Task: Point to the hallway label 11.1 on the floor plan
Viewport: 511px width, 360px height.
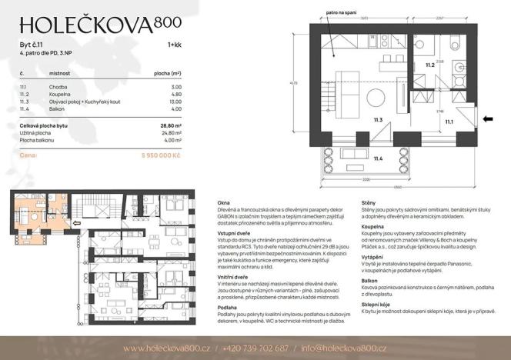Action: click(449, 121)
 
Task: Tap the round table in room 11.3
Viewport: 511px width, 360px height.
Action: click(377, 96)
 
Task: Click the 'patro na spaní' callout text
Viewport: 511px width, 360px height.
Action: click(342, 13)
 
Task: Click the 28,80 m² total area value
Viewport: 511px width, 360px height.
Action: click(170, 124)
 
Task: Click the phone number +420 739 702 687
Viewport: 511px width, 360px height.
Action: click(256, 348)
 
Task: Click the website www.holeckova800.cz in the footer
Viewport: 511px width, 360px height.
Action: click(167, 348)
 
